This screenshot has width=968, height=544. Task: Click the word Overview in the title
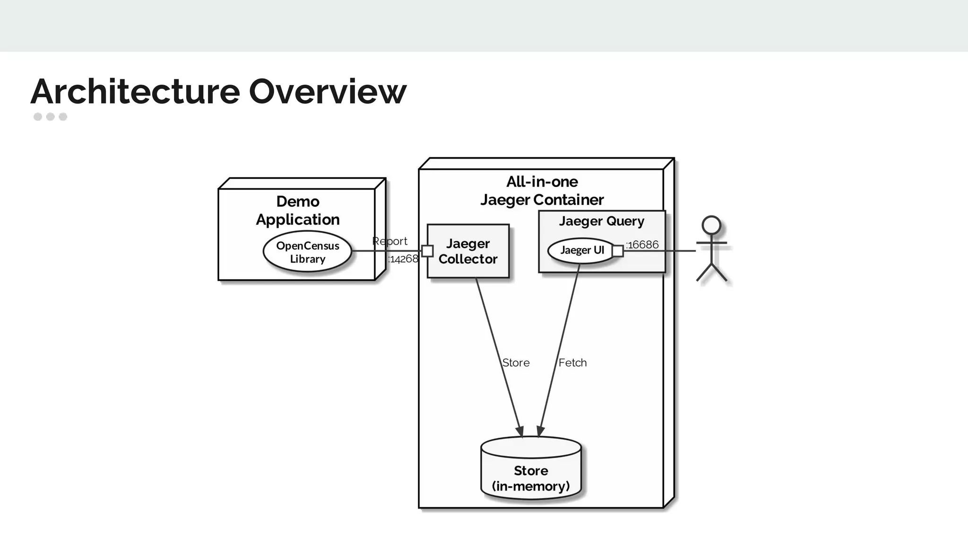point(327,92)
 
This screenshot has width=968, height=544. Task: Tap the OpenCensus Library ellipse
point(307,252)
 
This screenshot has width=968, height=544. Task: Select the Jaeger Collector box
point(468,251)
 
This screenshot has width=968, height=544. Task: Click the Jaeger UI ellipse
point(581,250)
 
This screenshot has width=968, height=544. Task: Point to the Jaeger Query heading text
point(601,221)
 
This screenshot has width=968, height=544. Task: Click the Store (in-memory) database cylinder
point(531,472)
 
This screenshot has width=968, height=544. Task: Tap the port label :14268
point(403,259)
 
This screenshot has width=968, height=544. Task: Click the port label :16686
point(642,245)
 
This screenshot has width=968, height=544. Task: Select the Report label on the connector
point(389,241)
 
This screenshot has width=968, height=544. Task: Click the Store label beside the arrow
point(516,363)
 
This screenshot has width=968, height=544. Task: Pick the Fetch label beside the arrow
point(572,363)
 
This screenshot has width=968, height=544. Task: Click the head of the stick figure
point(711,225)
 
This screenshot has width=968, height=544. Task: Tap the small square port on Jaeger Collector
point(427,251)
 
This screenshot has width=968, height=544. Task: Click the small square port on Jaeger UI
point(617,251)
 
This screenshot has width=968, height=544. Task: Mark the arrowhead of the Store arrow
point(520,432)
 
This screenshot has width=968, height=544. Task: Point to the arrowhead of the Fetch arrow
point(540,432)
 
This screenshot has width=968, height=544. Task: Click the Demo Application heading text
point(298,210)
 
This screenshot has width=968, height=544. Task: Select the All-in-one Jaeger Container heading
point(542,191)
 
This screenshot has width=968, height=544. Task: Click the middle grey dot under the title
point(51,117)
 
